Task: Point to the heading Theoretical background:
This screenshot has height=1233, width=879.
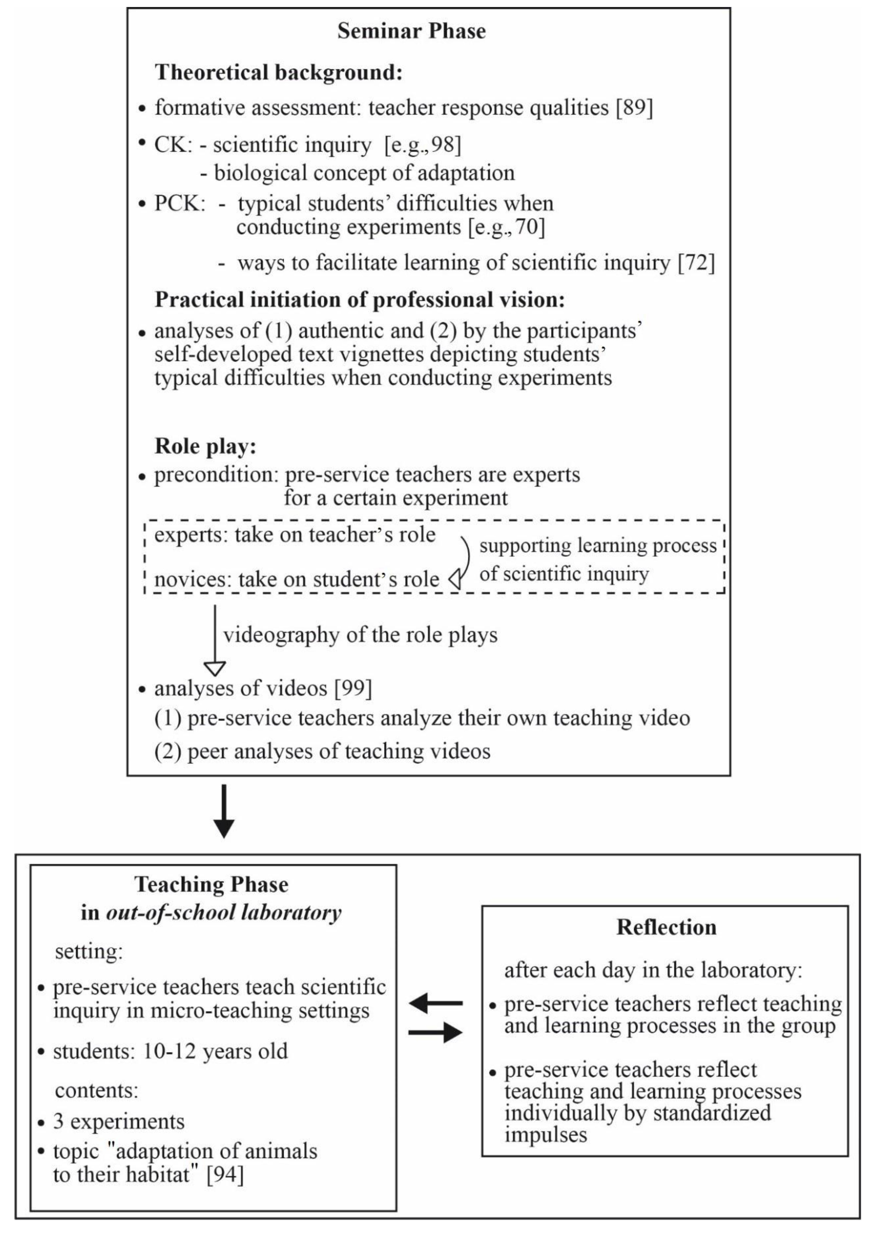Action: coord(279,72)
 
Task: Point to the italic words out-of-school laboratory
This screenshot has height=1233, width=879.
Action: coord(224,912)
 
